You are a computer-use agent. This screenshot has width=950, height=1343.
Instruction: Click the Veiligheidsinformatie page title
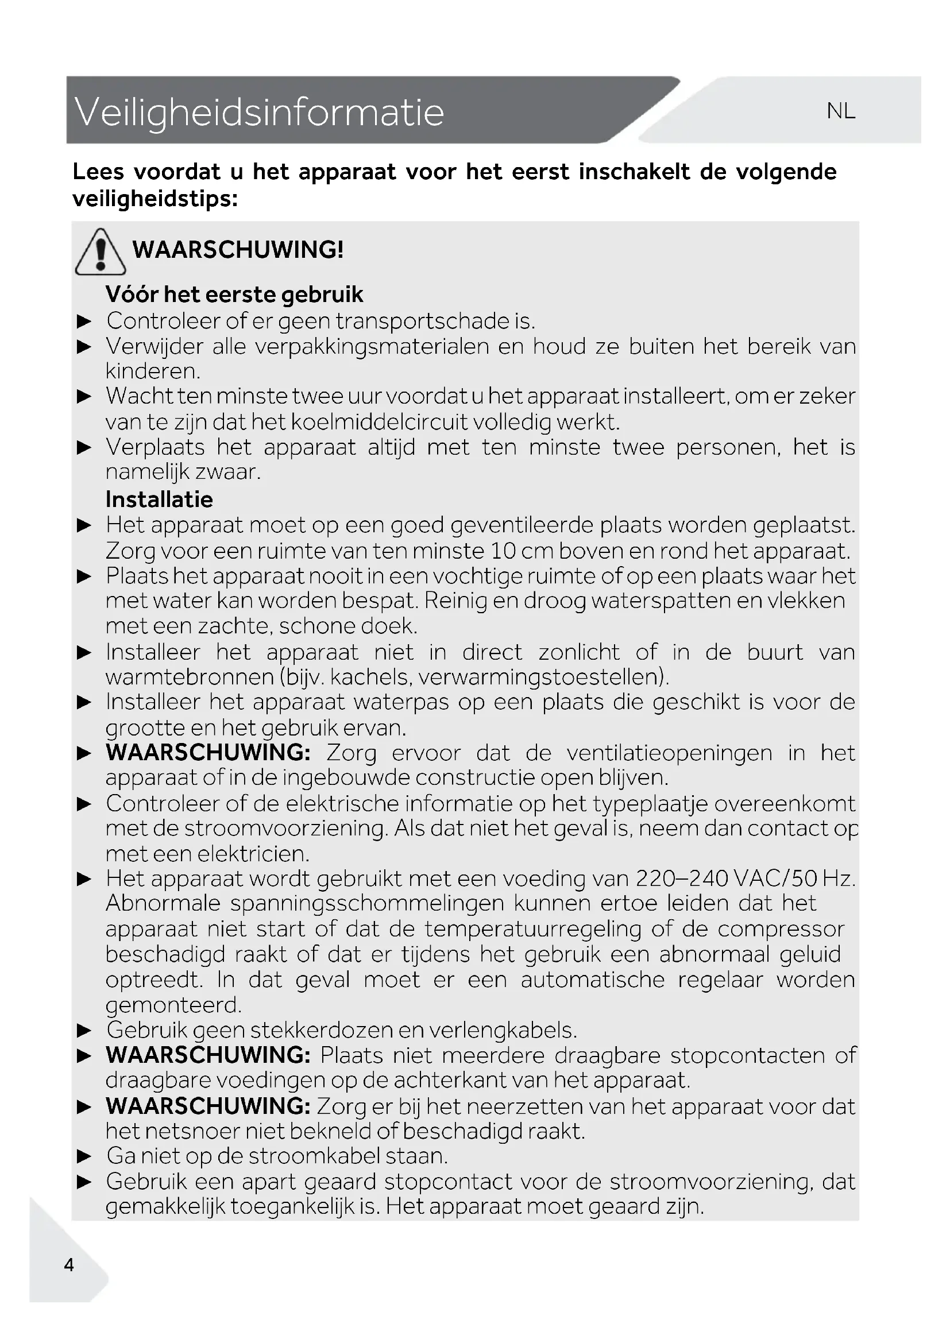259,112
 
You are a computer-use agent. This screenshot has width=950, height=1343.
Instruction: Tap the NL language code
841,111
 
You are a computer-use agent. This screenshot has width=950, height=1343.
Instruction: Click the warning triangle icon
101,252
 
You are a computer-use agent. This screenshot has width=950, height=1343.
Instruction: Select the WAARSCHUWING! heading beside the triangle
238,250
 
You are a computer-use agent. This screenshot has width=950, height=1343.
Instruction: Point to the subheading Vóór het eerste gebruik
234,294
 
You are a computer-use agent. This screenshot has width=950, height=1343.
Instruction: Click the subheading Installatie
159,500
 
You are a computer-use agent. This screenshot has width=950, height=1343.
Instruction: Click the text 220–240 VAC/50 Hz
746,878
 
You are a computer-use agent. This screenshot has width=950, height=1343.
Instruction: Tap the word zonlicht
578,652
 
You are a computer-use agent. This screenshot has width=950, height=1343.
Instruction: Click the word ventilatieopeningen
669,753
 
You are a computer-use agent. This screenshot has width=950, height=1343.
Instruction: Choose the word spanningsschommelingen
367,904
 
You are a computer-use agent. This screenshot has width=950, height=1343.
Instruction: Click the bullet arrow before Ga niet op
85,1156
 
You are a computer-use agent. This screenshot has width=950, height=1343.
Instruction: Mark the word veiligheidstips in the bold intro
155,199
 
